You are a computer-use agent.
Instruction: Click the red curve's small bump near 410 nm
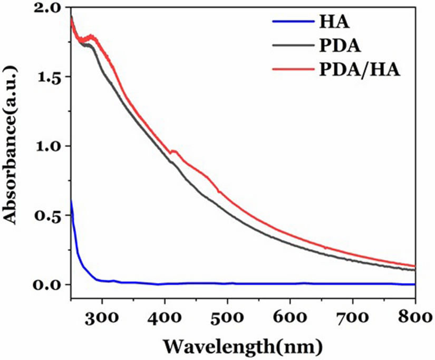[x=173, y=151]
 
